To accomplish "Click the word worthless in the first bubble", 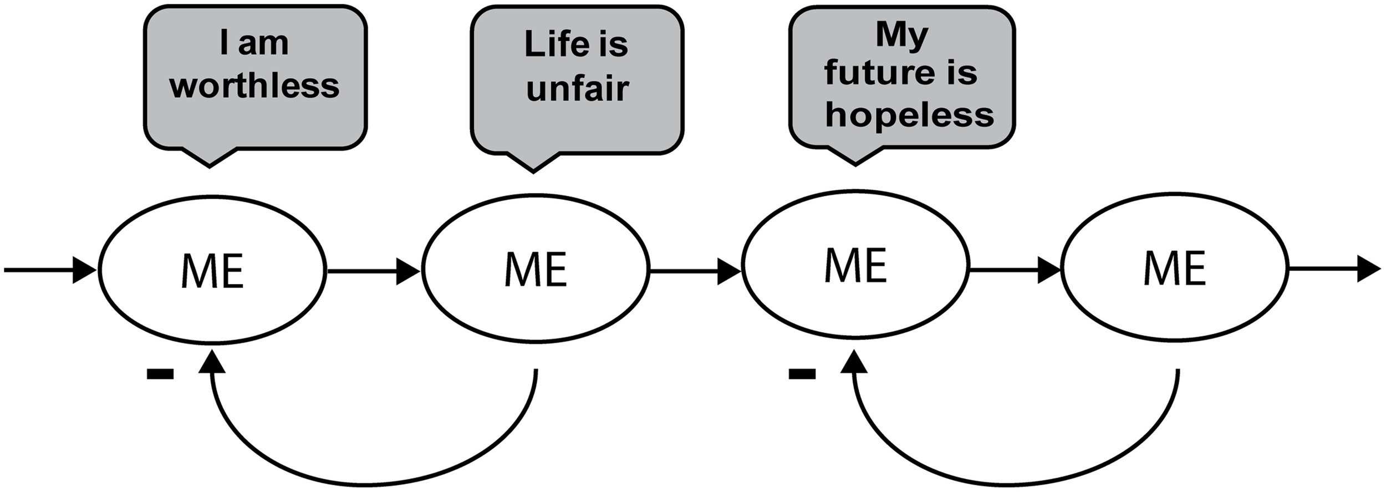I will pyautogui.click(x=254, y=87).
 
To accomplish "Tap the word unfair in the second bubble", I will pyautogui.click(x=578, y=89).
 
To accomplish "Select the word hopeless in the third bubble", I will pyautogui.click(x=909, y=115).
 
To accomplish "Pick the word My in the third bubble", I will pyautogui.click(x=902, y=34).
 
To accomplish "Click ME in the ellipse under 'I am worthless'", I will pyautogui.click(x=212, y=271).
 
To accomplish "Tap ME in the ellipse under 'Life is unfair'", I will pyautogui.click(x=536, y=270).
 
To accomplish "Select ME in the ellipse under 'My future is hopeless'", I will pyautogui.click(x=855, y=265).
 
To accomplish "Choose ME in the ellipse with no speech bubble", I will pyautogui.click(x=1175, y=268).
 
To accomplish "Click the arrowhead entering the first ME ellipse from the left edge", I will pyautogui.click(x=85, y=270).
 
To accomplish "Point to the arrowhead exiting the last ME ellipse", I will pyautogui.click(x=1368, y=270).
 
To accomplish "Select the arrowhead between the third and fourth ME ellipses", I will pyautogui.click(x=1049, y=270).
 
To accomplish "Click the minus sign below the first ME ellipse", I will pyautogui.click(x=160, y=375).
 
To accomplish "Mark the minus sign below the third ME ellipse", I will pyautogui.click(x=802, y=374).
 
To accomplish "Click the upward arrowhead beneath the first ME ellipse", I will pyautogui.click(x=212, y=361).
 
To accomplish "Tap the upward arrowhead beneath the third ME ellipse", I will pyautogui.click(x=854, y=362).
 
